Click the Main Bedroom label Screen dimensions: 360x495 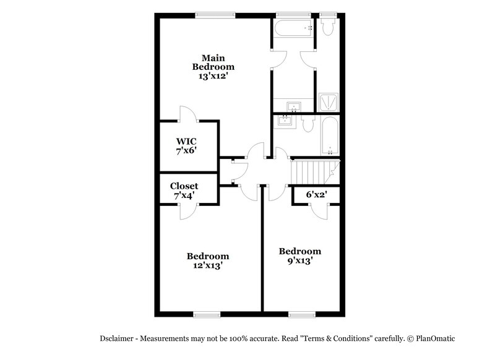[x=213, y=62]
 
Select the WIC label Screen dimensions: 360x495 [x=186, y=140]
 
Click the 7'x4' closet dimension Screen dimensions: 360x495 [x=184, y=195]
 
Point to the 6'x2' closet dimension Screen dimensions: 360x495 [x=317, y=195]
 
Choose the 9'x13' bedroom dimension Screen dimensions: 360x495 [x=299, y=260]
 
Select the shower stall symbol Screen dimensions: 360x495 [x=327, y=101]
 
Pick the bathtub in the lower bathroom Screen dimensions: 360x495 [x=329, y=137]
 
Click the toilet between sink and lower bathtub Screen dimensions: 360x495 [x=309, y=123]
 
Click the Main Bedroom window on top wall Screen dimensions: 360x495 [x=215, y=15]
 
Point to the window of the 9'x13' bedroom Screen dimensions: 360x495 [x=303, y=314]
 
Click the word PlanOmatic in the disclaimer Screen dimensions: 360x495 [x=433, y=338]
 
